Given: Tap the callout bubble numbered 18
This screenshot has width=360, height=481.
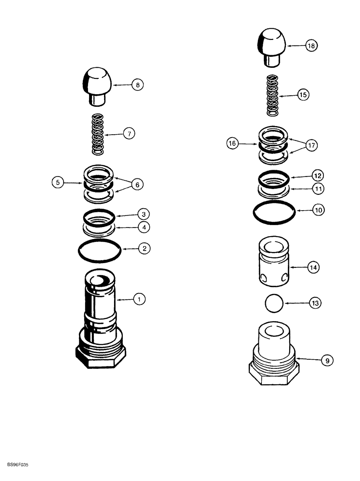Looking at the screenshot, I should [312, 46].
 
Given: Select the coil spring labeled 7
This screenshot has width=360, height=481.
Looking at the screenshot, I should [98, 134].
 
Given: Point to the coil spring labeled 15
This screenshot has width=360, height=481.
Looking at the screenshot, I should [273, 95].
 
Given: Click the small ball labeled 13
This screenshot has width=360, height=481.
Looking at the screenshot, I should [273, 304].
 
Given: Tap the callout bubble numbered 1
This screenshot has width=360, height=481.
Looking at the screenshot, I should [139, 299].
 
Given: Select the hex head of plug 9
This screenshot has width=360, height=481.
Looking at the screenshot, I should [273, 373].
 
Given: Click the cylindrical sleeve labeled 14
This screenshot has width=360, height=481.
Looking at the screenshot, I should [273, 264].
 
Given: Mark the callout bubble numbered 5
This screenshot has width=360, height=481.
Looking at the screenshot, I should [58, 182].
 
